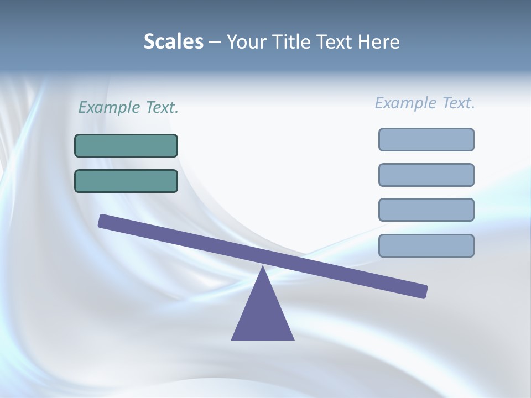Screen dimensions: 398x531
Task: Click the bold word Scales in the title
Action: (x=173, y=42)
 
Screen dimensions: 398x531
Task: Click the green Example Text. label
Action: (x=128, y=108)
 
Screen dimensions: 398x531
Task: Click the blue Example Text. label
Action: (x=425, y=103)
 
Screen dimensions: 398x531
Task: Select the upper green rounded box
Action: (x=126, y=145)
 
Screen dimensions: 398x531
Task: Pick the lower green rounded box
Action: (x=126, y=181)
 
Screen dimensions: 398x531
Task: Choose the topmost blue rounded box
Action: (x=426, y=139)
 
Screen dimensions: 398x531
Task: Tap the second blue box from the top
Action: (x=426, y=175)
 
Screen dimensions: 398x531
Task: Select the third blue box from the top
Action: (x=426, y=210)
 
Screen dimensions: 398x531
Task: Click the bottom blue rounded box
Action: (x=426, y=245)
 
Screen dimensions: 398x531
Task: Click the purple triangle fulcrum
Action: (x=263, y=315)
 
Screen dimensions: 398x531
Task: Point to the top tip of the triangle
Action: (x=263, y=268)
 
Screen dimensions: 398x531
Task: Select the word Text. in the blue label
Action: (x=458, y=103)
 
